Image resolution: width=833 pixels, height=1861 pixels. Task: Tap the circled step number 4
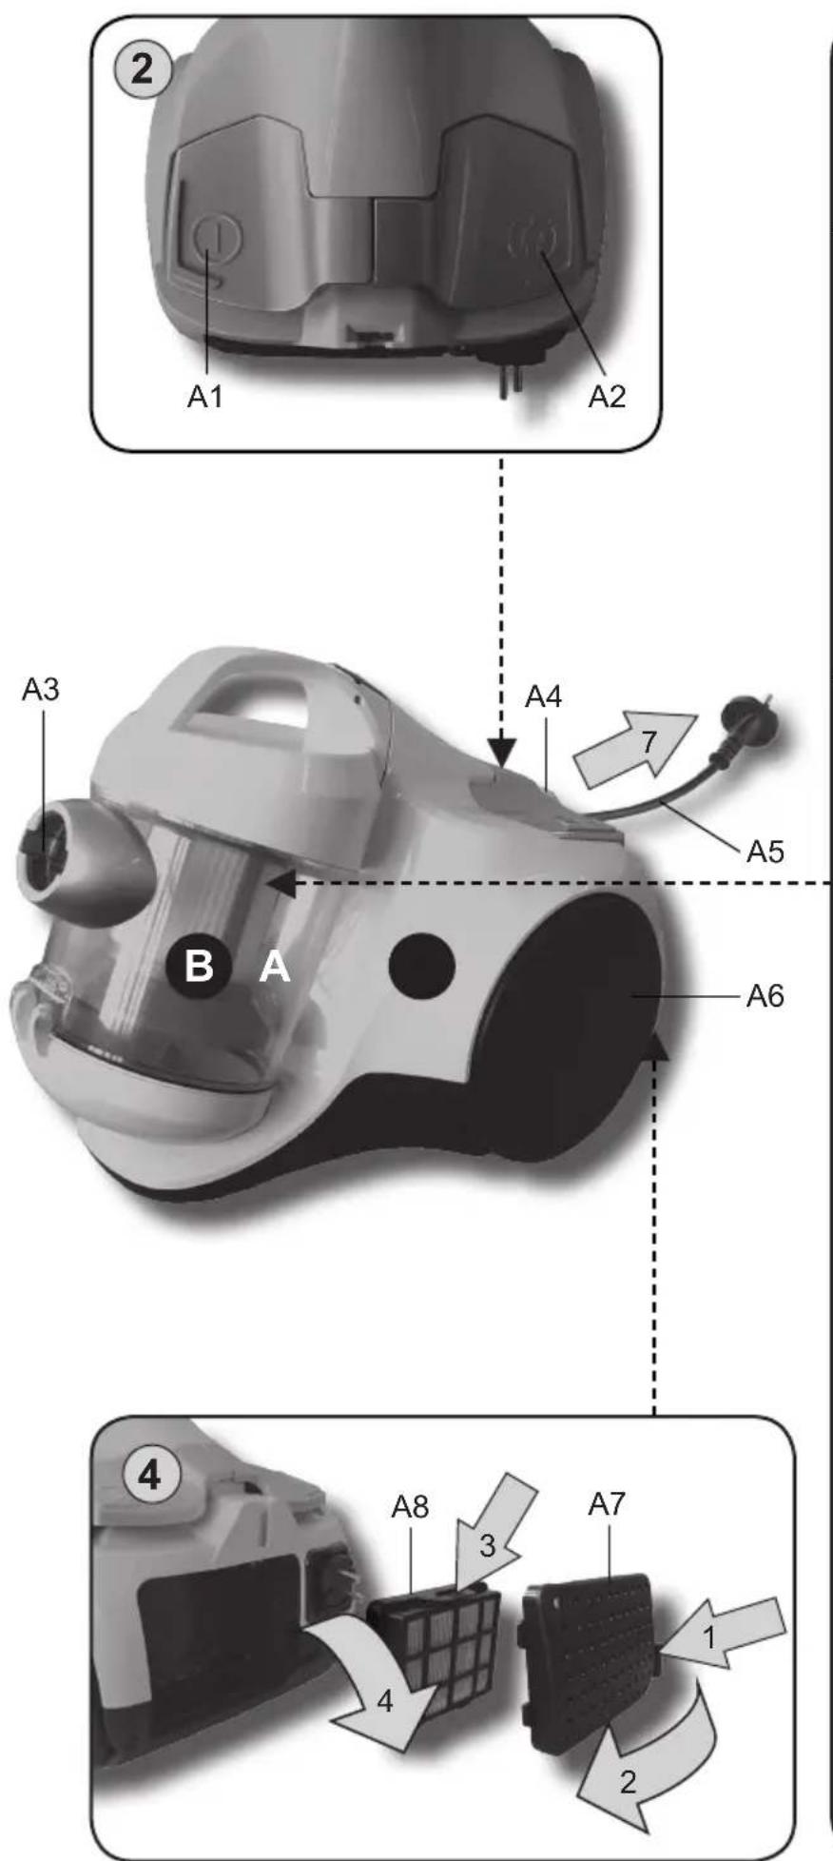pos(150,1476)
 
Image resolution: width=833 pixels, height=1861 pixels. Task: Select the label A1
pos(204,397)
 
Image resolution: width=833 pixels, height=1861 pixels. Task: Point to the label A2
pos(607,397)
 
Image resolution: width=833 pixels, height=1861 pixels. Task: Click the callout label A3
pos(41,690)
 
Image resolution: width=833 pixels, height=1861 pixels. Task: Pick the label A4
pos(543,697)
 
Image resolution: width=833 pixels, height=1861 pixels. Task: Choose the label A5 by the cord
pos(765,852)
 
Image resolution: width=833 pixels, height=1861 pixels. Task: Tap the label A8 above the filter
pos(410,1507)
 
